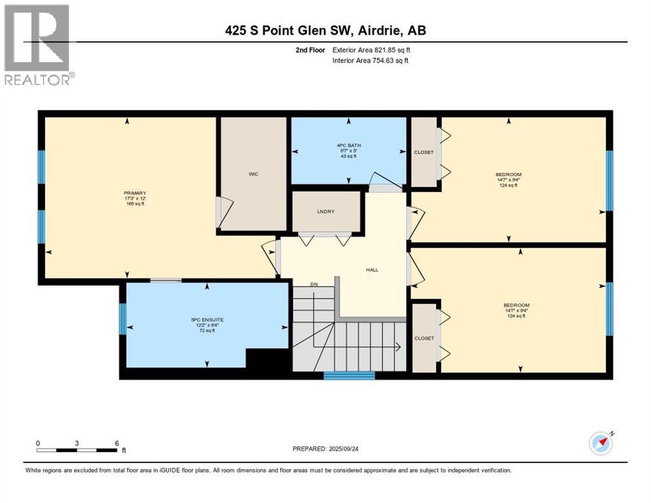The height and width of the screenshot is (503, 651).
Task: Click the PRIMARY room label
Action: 134,193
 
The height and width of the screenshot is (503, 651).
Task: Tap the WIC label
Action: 253,174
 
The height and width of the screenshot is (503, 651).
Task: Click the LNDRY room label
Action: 326,212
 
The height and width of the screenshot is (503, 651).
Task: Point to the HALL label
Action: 372,270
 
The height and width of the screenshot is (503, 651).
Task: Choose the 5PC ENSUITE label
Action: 203,320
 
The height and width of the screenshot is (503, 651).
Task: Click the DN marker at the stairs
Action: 314,285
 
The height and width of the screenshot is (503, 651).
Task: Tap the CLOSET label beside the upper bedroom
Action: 424,153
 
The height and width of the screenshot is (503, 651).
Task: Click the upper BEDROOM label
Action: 508,174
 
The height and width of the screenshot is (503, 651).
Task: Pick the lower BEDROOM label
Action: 516,305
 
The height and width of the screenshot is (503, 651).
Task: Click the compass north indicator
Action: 601,443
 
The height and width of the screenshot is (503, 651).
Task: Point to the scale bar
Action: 77,450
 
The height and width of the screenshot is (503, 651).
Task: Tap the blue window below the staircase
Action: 349,375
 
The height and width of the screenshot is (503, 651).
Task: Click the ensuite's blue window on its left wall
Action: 122,319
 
